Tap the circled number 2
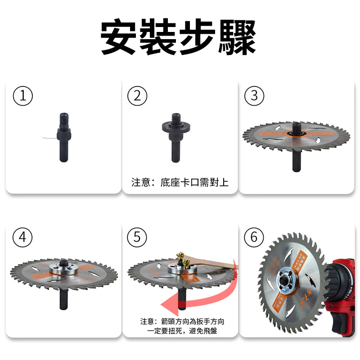(x=137, y=96)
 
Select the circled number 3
(x=254, y=96)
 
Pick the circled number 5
(x=137, y=237)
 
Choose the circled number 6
(x=254, y=237)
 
